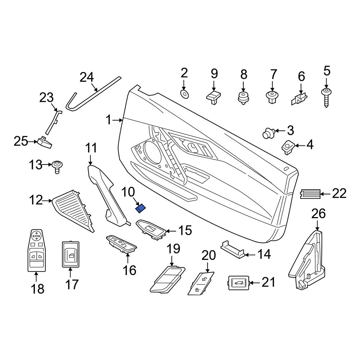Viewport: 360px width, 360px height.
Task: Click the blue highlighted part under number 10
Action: (x=140, y=209)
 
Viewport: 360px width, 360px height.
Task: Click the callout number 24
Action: (x=87, y=77)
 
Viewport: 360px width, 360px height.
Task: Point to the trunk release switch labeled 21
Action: (x=239, y=283)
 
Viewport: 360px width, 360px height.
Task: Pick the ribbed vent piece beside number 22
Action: (x=310, y=194)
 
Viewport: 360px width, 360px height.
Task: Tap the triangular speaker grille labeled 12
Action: (x=73, y=211)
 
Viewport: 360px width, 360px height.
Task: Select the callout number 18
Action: (x=38, y=289)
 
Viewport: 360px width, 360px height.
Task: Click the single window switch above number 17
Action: (x=71, y=254)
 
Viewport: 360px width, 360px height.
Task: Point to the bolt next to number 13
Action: (x=57, y=167)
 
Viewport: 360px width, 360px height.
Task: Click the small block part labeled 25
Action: (x=45, y=142)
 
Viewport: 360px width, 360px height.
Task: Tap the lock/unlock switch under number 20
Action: (x=201, y=283)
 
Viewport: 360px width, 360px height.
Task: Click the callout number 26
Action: (x=319, y=213)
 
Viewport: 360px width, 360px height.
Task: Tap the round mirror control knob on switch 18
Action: (x=36, y=235)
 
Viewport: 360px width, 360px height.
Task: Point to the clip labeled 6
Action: (x=300, y=99)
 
